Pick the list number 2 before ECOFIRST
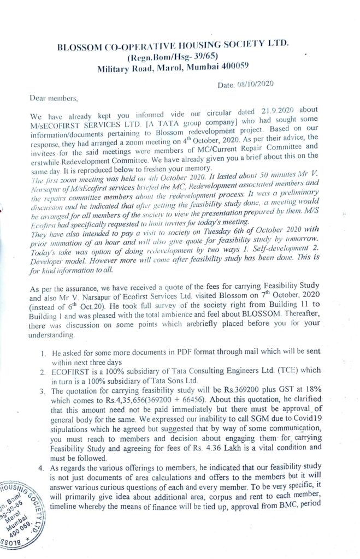pyautogui.click(x=43, y=371)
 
